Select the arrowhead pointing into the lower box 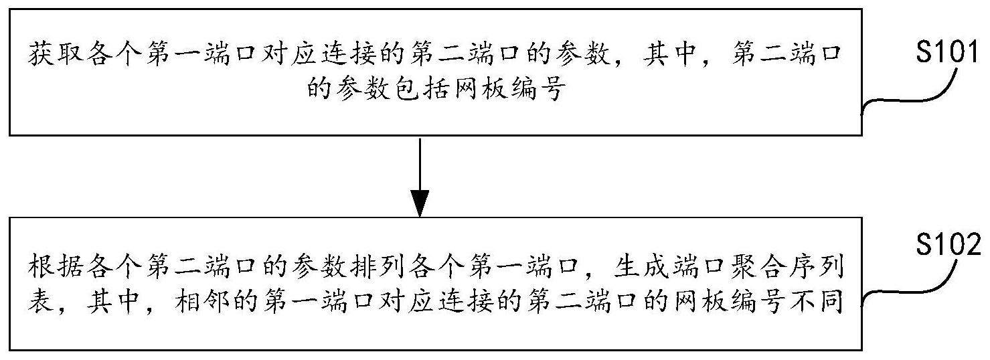click(420, 203)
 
